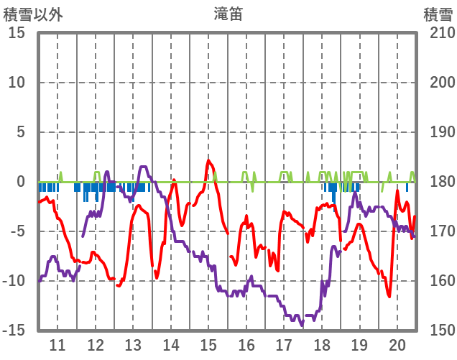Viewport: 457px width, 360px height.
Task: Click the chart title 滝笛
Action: coord(228,14)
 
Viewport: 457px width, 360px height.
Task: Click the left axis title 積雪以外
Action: coord(33,14)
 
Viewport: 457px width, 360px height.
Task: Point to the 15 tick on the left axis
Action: coord(17,33)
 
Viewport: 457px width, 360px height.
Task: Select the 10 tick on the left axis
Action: coord(17,83)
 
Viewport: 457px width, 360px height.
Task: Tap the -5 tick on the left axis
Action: coord(17,232)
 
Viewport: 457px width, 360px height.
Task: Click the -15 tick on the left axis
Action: coord(14,331)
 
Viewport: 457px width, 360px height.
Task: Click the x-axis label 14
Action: coord(170,344)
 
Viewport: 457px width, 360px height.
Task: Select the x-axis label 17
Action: coord(284,344)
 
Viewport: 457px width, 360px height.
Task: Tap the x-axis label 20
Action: coord(397,344)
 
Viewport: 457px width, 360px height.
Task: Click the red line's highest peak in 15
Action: coord(208,160)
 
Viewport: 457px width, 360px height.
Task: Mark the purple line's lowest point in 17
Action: coord(302,325)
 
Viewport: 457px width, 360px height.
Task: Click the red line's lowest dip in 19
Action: coord(389,295)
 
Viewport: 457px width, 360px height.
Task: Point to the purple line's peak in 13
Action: coord(142,167)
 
